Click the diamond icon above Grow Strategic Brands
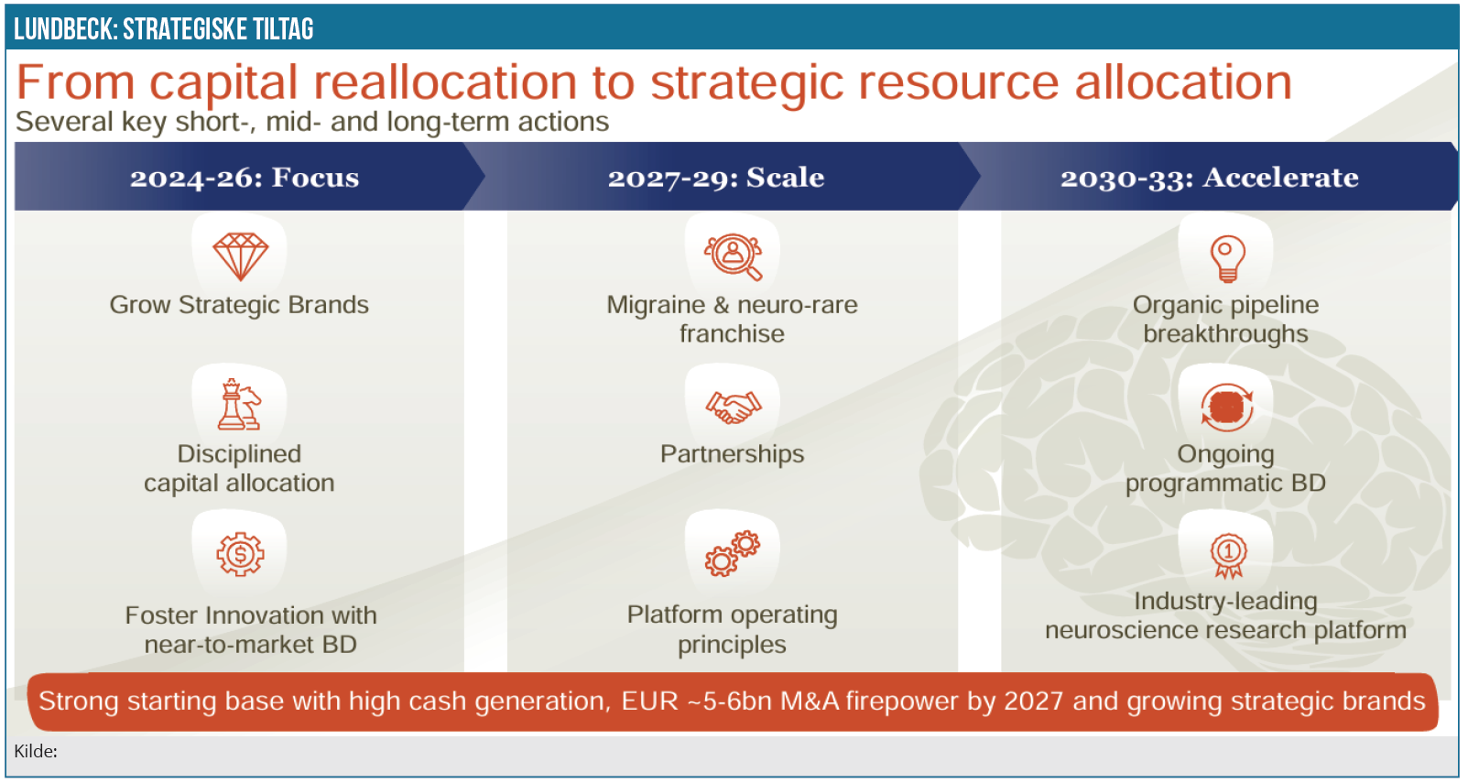point(241,256)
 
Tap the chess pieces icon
point(239,404)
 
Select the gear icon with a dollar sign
point(241,554)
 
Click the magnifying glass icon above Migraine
point(734,256)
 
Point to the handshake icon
point(734,407)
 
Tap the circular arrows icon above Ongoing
point(1227,408)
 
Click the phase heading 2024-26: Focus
point(245,178)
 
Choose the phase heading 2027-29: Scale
point(715,178)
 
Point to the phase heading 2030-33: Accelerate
point(1209,178)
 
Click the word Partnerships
point(732,454)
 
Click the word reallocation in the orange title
point(445,82)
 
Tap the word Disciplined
point(239,454)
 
